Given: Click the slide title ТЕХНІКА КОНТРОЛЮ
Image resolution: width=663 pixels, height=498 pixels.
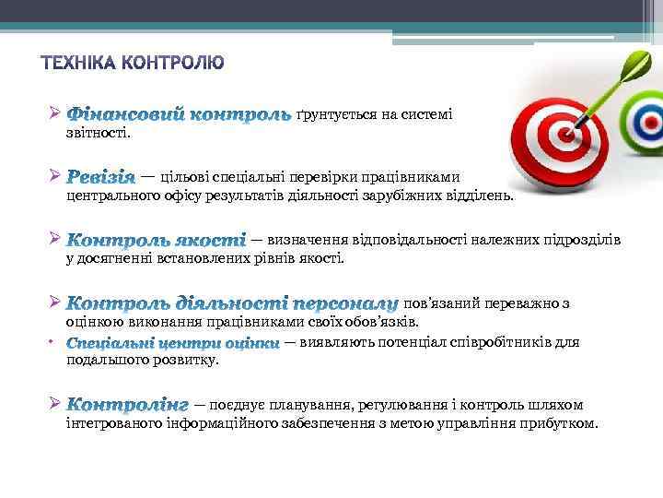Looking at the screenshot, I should [133, 64].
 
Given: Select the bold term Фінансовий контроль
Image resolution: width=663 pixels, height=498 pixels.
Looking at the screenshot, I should [180, 115].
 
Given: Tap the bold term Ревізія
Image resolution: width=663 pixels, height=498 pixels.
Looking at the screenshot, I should [101, 176].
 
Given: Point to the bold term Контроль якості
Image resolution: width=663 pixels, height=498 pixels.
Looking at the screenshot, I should [156, 240].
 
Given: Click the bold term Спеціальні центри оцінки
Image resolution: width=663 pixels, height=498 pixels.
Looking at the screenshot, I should [173, 343].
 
